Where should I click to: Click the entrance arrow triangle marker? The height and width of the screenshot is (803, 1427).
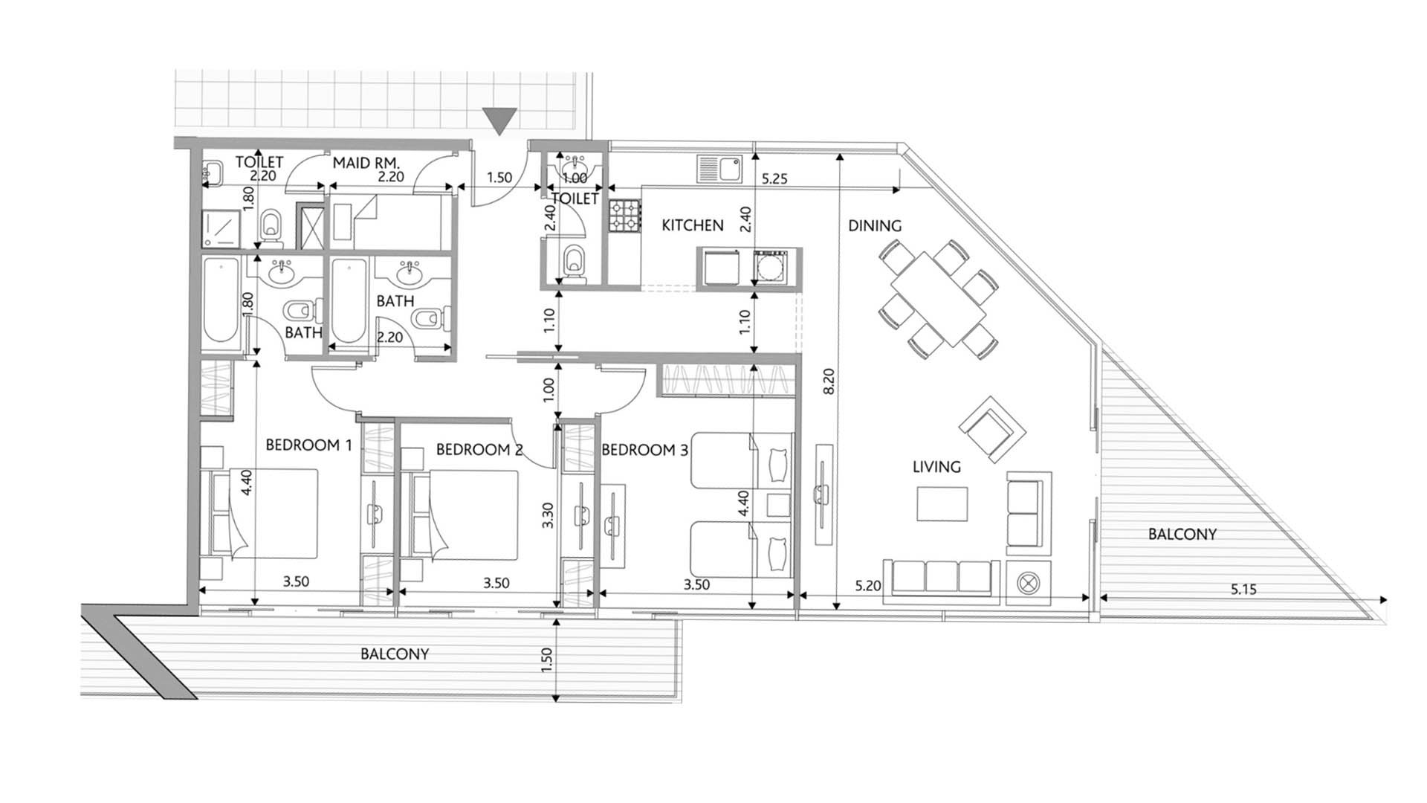(499, 120)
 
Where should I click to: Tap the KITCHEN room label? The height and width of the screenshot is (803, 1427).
(692, 225)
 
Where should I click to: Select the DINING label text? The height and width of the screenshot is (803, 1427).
(875, 225)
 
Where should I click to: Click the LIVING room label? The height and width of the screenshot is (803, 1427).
(936, 467)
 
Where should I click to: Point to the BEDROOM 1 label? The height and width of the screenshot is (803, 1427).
(308, 445)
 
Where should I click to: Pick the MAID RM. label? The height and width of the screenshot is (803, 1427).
(366, 163)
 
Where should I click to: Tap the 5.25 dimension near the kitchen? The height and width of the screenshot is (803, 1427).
(774, 179)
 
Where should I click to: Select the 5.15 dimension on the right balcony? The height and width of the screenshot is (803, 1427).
(1243, 590)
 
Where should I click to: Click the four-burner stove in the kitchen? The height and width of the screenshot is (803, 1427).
(624, 215)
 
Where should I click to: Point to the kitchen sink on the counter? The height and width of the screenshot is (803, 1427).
(719, 168)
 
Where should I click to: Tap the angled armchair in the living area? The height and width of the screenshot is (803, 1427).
(992, 429)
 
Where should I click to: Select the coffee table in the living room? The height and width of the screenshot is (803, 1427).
(942, 503)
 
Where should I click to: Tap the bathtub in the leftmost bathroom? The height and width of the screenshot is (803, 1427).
(220, 300)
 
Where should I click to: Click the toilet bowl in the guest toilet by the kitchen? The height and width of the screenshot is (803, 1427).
(574, 262)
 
